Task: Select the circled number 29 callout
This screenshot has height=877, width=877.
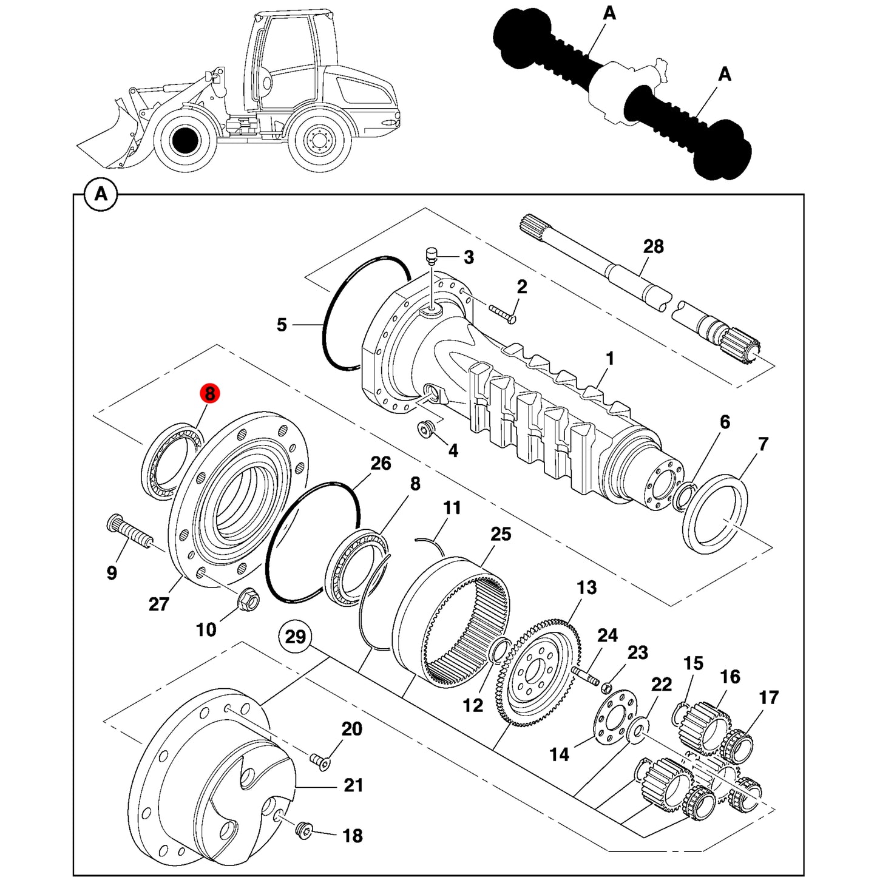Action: pyautogui.click(x=295, y=636)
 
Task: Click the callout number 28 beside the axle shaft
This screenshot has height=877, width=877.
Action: pyautogui.click(x=653, y=246)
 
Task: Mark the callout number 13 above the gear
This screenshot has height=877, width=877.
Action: pyautogui.click(x=586, y=587)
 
